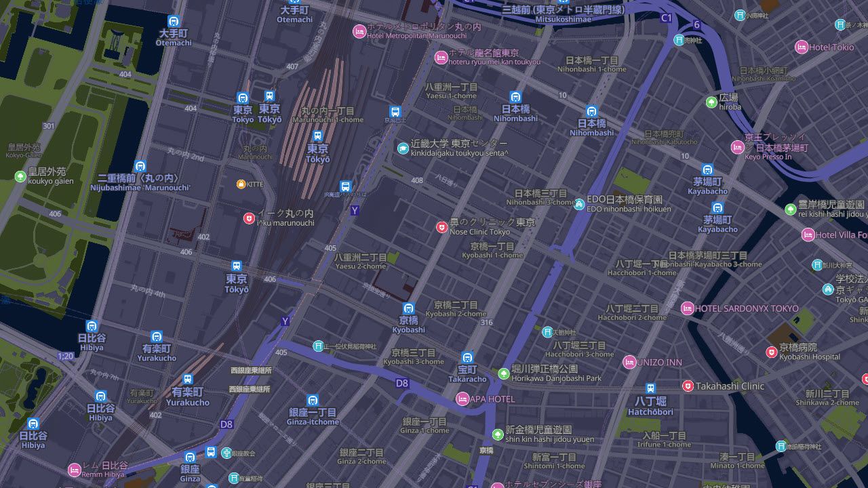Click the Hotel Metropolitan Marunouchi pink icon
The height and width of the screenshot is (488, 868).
pyautogui.click(x=359, y=30)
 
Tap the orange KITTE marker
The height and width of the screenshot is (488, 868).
pyautogui.click(x=241, y=184)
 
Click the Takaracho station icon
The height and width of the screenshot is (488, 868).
pyautogui.click(x=467, y=358)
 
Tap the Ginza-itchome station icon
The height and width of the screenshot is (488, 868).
pyautogui.click(x=313, y=401)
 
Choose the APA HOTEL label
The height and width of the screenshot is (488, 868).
pyautogui.click(x=492, y=399)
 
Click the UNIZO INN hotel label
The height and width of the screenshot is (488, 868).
pyautogui.click(x=659, y=363)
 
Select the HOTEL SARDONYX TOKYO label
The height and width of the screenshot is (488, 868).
pyautogui.click(x=747, y=308)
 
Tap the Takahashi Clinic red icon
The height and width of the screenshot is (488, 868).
pyautogui.click(x=688, y=386)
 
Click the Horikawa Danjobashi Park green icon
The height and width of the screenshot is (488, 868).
pyautogui.click(x=504, y=373)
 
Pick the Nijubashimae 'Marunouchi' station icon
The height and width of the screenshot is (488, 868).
pyautogui.click(x=140, y=166)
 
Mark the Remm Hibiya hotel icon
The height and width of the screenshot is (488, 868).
pyautogui.click(x=75, y=469)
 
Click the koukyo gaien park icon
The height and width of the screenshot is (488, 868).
pyautogui.click(x=20, y=176)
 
